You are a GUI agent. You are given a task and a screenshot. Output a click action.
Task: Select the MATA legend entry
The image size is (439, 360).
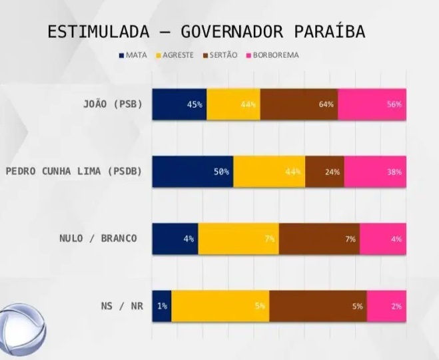point(133,55)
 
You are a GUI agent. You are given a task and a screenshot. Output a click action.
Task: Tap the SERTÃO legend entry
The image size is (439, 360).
point(219,55)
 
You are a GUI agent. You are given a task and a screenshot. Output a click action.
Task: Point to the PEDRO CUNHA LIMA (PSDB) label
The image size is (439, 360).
point(75,172)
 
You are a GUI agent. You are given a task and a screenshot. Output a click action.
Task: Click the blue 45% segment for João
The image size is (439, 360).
point(179,104)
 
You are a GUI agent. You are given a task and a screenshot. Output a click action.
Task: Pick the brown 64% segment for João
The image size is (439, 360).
point(299,104)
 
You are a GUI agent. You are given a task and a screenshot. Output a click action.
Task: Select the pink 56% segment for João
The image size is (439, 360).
point(372,104)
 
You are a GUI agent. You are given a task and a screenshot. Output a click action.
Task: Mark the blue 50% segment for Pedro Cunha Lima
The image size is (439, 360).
point(193,172)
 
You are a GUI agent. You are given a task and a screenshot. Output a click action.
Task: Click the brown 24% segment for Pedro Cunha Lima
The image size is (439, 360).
point(324,172)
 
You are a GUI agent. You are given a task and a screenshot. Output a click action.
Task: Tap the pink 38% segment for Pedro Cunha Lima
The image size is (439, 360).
point(375,172)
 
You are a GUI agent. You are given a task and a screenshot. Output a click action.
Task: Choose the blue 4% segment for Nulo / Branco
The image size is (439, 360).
point(175,239)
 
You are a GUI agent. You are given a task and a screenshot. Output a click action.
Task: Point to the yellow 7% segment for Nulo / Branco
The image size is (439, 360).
point(238,239)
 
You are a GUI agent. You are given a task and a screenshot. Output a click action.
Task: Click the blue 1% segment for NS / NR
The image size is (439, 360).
point(162,306)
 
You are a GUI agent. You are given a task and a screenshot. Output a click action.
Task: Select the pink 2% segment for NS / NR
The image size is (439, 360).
point(386,306)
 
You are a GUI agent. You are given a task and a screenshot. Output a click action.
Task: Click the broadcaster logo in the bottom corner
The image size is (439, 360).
point(20,333)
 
